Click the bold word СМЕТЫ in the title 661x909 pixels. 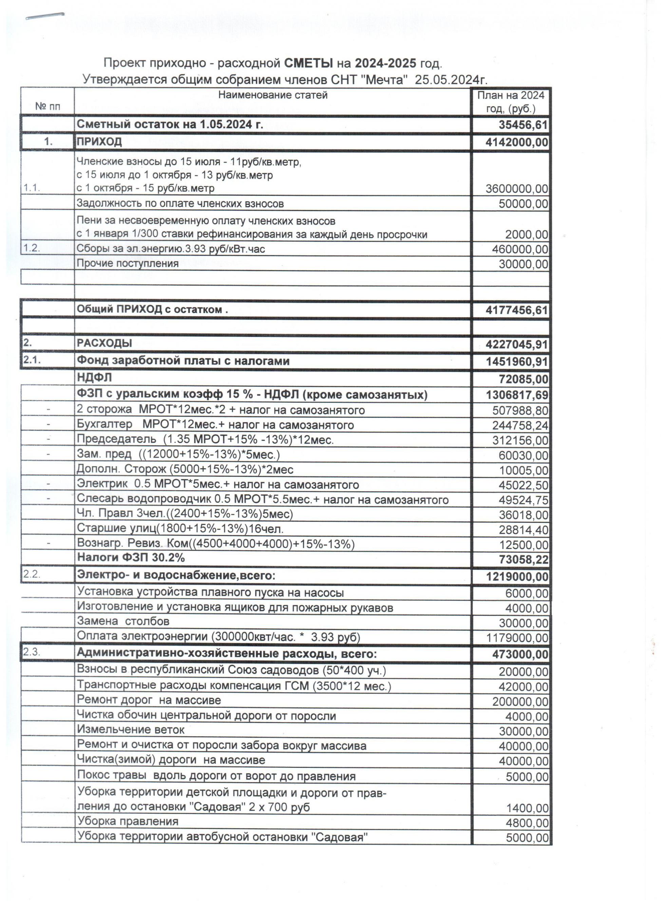click(x=308, y=63)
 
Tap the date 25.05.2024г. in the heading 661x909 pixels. click(x=451, y=80)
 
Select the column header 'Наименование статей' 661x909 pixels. click(x=272, y=95)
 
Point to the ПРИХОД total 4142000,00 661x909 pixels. click(x=517, y=143)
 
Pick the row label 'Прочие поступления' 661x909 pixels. click(x=128, y=264)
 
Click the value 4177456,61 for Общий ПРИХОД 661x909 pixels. click(x=517, y=310)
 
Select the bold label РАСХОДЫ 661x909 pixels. click(x=104, y=343)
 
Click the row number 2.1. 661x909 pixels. click(x=32, y=360)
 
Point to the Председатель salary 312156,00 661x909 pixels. click(x=520, y=440)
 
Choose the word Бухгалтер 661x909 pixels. click(x=104, y=424)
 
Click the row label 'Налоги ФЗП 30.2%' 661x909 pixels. click(x=131, y=557)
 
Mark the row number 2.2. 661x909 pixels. click(x=32, y=574)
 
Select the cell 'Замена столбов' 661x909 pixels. click(x=123, y=622)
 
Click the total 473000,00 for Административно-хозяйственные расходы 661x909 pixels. click(x=520, y=655)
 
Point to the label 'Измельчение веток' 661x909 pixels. click(x=131, y=730)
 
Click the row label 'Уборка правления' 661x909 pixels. click(x=128, y=821)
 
